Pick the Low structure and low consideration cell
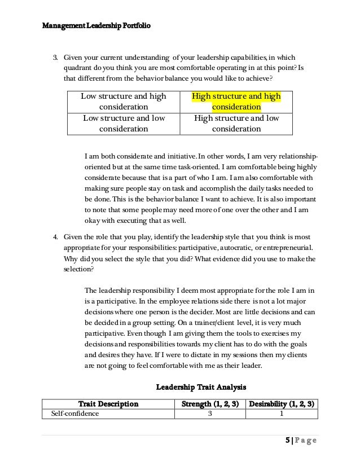coord(124,123)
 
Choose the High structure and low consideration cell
coord(236,123)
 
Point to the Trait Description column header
coord(108,404)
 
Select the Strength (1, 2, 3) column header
coord(210,404)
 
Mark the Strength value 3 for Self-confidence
coord(210,414)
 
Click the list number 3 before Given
coord(55,57)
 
